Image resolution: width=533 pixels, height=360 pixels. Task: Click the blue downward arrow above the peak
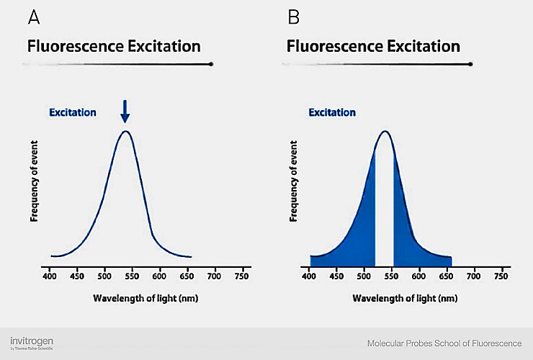(x=125, y=111)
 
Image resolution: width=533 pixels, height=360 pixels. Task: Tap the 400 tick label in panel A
(x=50, y=276)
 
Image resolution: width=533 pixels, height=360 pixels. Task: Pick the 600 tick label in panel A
(x=160, y=276)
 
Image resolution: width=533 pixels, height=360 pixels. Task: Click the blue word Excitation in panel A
(x=73, y=112)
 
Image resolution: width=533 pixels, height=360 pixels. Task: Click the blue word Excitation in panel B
(x=332, y=112)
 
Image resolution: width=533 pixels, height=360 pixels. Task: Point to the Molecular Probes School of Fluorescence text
(x=444, y=343)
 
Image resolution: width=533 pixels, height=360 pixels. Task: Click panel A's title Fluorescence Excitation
(x=114, y=47)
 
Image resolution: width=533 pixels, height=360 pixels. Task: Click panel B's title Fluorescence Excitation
(x=373, y=47)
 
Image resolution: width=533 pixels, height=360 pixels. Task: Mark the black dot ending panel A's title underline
(x=211, y=64)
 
